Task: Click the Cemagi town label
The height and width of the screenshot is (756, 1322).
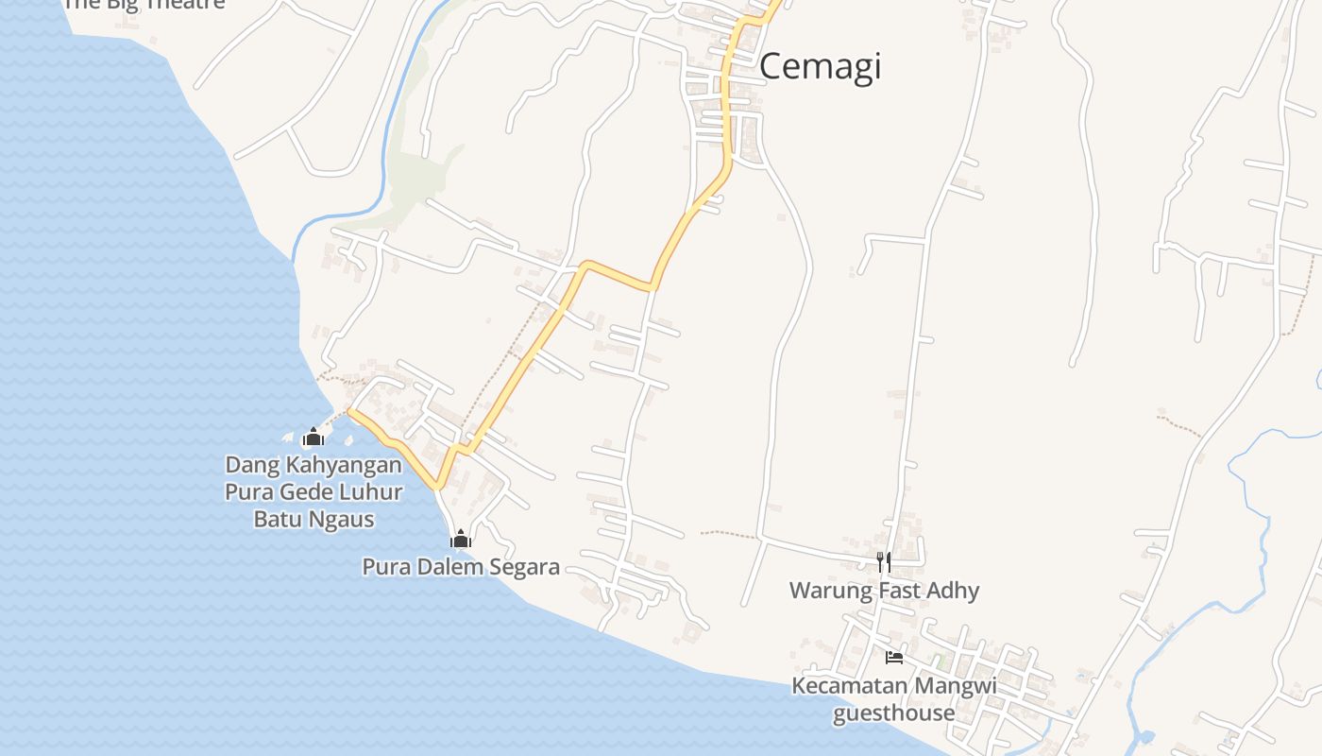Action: [820, 66]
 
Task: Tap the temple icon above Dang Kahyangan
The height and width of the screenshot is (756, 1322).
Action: [314, 437]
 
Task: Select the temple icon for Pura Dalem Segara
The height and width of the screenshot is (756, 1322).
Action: [461, 540]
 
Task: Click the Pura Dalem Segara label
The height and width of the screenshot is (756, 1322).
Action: [461, 567]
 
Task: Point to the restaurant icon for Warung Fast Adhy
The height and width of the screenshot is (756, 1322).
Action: [884, 562]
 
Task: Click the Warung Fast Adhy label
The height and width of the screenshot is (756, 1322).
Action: [884, 591]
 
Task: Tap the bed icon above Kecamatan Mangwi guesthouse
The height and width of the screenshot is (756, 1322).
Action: [893, 657]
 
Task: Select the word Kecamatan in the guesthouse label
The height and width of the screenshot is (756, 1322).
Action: [848, 686]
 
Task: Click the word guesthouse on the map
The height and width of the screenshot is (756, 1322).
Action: [893, 713]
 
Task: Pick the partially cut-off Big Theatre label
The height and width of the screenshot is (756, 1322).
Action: [144, 4]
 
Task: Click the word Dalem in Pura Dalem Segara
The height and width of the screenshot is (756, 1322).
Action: [461, 567]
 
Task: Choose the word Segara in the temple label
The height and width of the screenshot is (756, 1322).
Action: [526, 568]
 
